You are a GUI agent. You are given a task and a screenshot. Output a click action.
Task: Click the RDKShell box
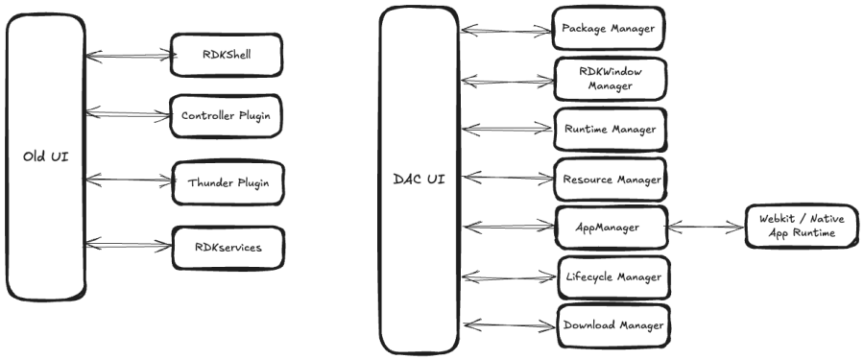227,55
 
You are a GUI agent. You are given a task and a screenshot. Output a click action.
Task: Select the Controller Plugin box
226,116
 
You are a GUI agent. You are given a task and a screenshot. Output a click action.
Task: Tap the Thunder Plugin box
228,182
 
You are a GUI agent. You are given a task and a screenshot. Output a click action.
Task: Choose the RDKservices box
228,248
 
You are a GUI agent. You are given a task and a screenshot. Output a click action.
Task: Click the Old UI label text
46,156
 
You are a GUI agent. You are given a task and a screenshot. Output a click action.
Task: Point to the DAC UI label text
420,180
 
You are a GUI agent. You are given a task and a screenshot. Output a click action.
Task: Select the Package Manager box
609,28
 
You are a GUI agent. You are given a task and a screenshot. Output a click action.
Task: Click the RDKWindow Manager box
610,79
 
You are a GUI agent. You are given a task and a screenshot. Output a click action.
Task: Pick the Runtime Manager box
610,129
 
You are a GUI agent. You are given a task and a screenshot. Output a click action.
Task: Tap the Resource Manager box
610,180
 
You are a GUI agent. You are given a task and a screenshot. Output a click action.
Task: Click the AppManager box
612,228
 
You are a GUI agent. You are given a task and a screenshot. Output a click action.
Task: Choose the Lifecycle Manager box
613,276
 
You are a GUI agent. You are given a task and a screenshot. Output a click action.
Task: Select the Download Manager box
613,325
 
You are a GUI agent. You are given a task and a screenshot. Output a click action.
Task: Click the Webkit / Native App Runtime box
802,226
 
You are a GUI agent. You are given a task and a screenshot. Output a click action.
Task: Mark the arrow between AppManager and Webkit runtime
706,226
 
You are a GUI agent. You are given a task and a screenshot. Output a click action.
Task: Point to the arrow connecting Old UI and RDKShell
131,55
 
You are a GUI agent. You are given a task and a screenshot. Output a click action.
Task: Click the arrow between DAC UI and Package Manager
506,31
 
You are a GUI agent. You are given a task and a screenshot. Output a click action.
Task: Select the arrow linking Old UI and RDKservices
129,244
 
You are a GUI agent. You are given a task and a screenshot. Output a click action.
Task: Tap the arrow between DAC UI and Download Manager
510,325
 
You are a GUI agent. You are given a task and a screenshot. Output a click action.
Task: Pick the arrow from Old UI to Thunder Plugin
130,180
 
